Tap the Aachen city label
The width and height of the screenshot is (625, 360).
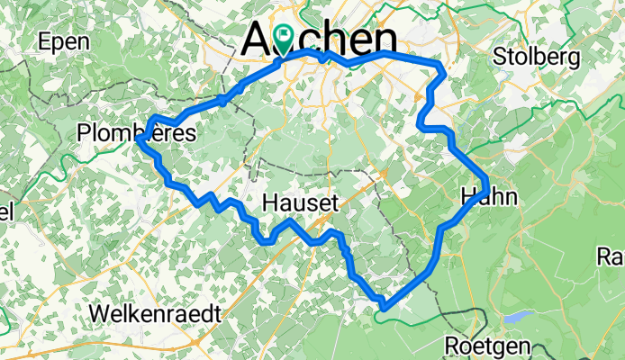click(x=321, y=40)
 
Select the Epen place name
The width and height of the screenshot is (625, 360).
click(x=64, y=41)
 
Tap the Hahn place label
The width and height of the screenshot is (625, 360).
click(x=489, y=195)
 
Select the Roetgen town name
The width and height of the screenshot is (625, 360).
click(x=488, y=346)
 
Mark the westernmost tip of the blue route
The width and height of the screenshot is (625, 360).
click(x=137, y=139)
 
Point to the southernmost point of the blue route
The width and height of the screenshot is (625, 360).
click(x=384, y=308)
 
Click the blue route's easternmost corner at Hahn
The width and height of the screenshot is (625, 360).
click(x=486, y=184)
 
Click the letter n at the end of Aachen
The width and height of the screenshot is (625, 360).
click(x=385, y=40)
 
